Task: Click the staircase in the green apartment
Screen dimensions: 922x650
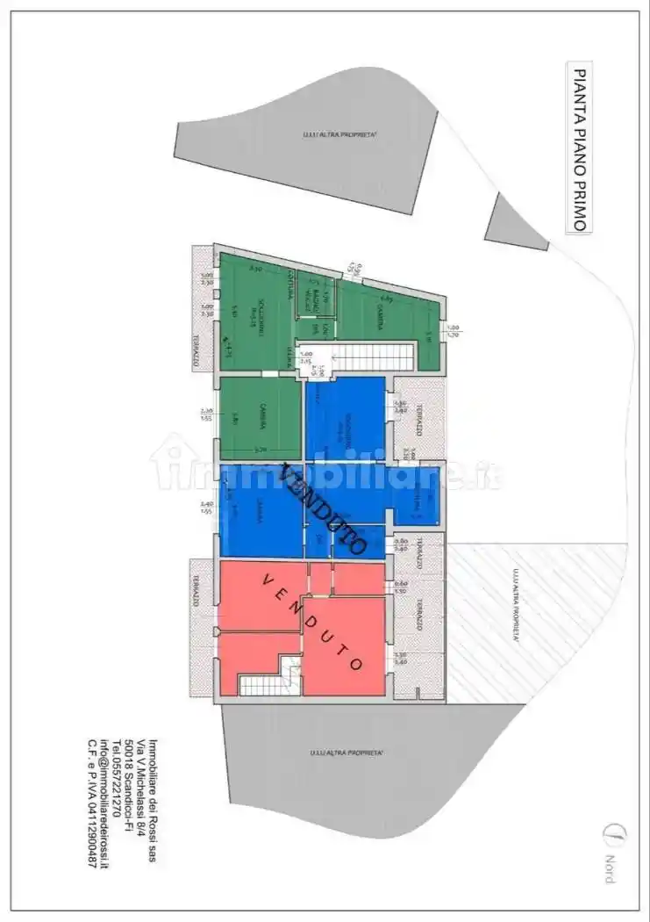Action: [369, 357]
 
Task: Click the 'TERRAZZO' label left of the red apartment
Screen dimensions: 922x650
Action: [196, 596]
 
